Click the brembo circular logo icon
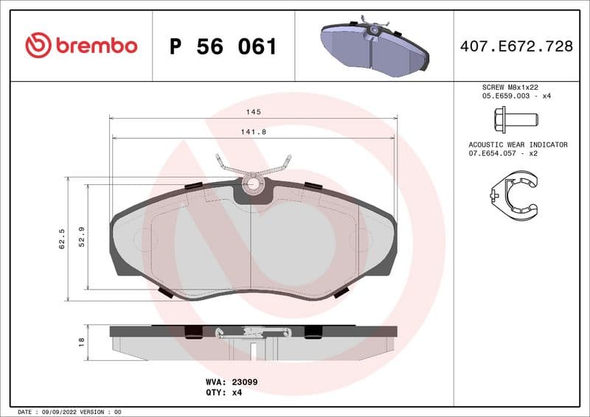point(38,46)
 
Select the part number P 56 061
point(223,46)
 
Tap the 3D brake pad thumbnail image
point(374,45)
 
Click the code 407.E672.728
point(516,46)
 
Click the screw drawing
point(515,119)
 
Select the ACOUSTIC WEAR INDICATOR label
point(518,145)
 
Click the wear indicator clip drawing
point(515,192)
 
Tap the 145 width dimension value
point(254,112)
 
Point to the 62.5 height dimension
point(62,239)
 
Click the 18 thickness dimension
point(82,342)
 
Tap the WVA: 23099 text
point(231,382)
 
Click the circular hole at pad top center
point(253,183)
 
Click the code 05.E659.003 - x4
point(516,96)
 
